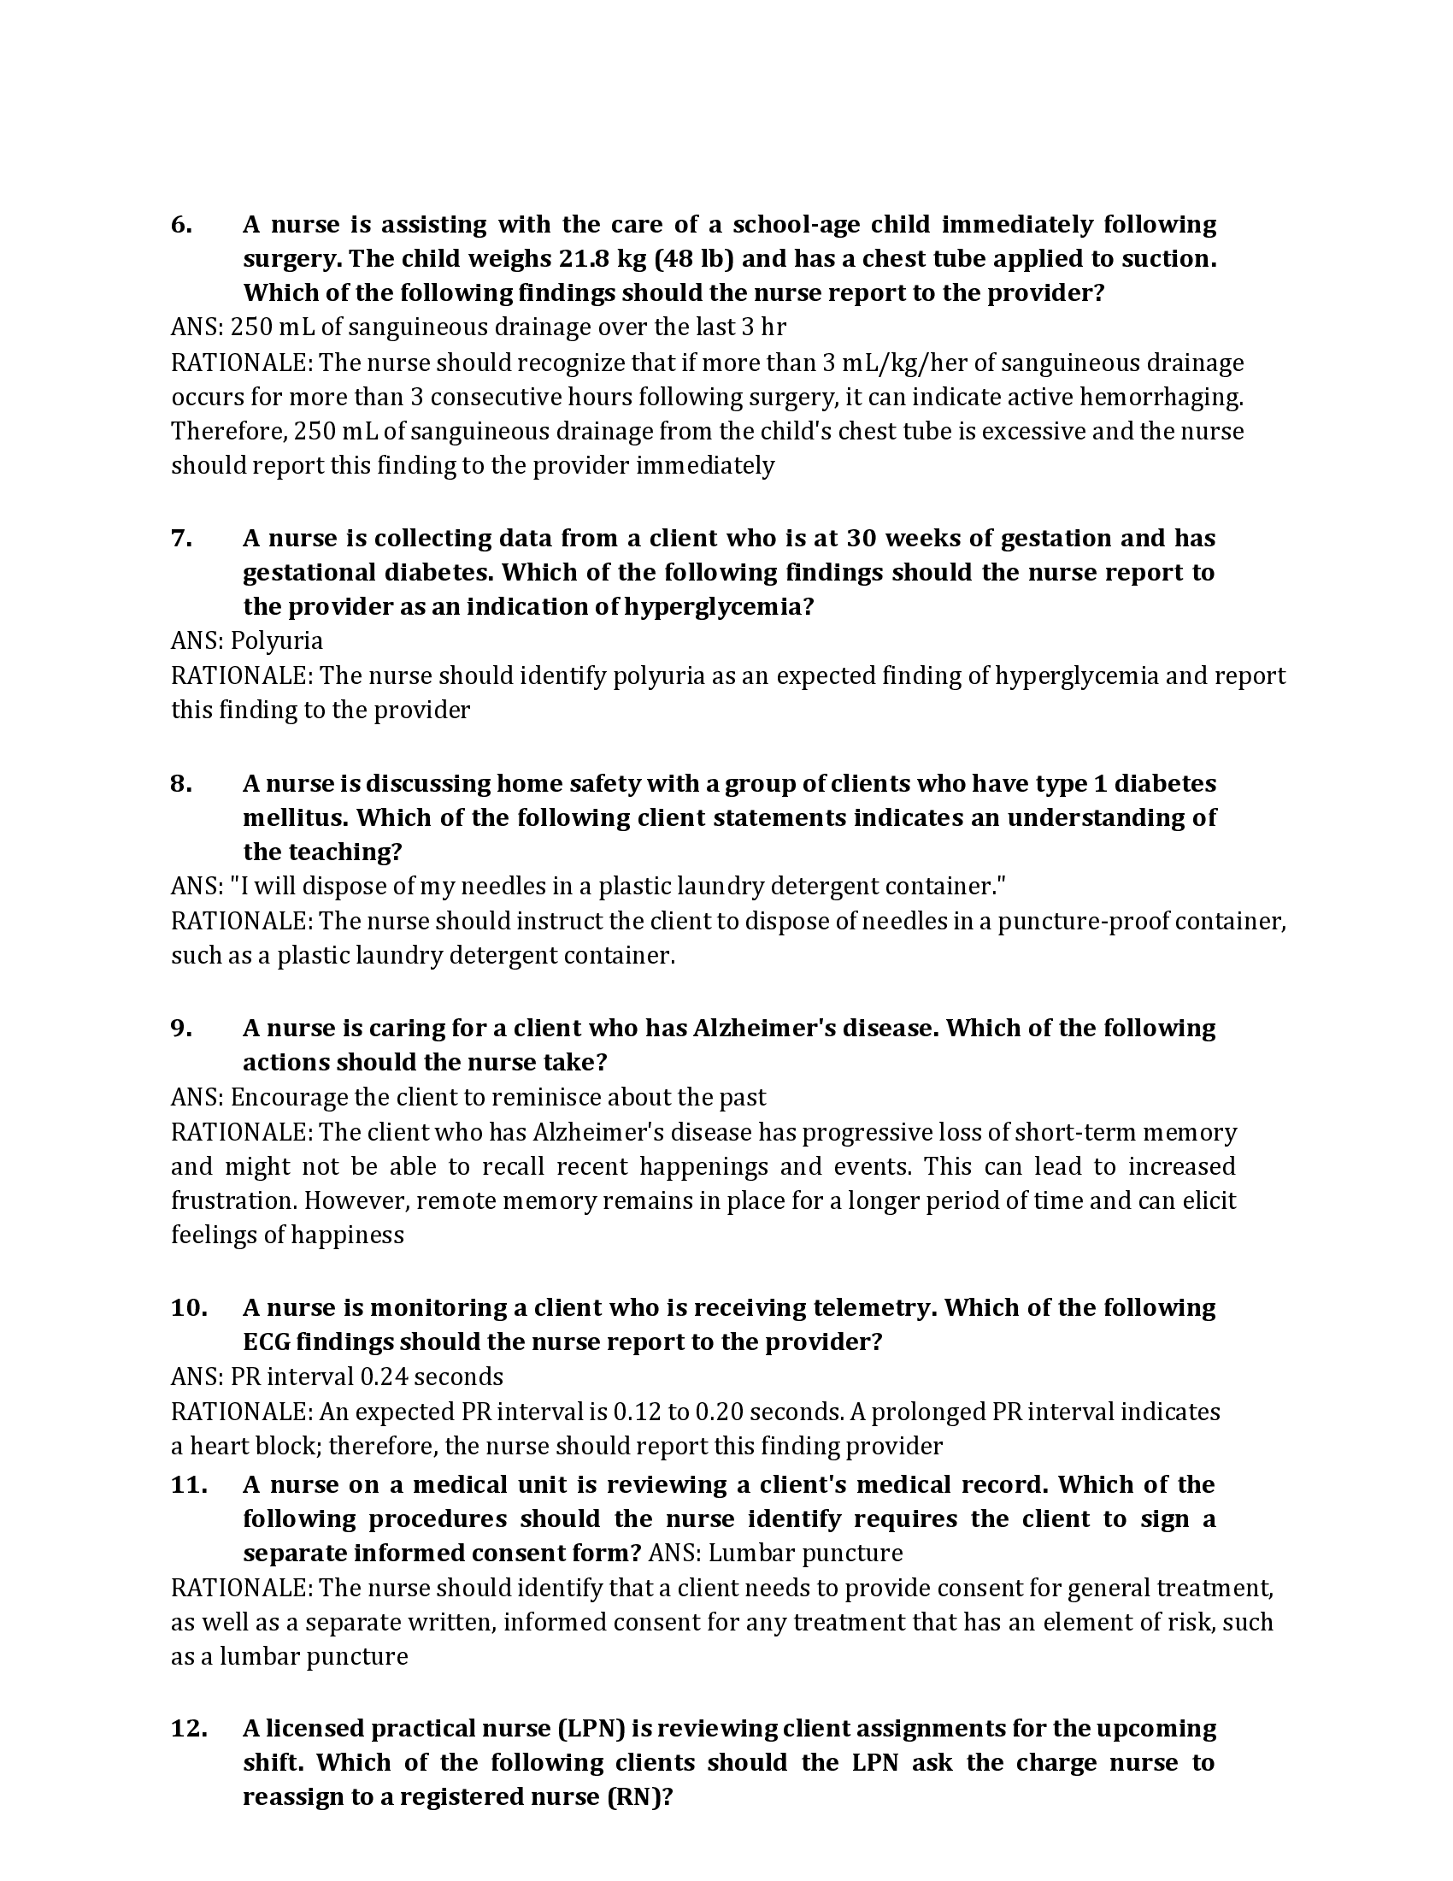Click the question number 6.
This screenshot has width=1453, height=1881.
(x=180, y=225)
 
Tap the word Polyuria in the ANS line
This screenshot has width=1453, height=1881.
(x=276, y=640)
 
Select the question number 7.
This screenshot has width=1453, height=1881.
(x=180, y=539)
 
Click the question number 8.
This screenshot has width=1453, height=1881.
(x=180, y=784)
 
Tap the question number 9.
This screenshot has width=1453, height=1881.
(x=180, y=1029)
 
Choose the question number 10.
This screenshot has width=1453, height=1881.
(x=189, y=1307)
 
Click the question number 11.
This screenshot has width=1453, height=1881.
(x=189, y=1485)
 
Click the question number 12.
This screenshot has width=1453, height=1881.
(x=189, y=1729)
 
